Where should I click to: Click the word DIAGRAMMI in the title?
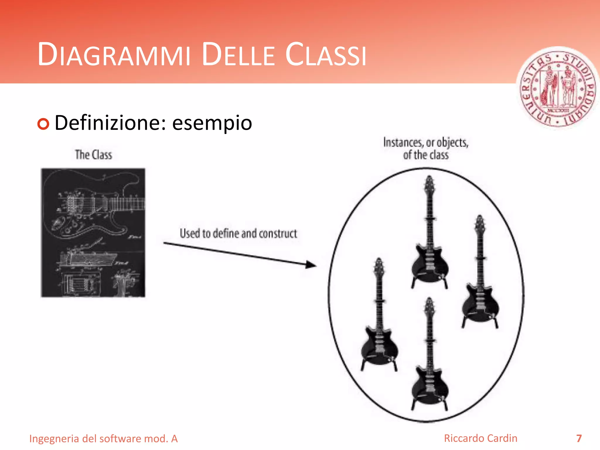coord(114,54)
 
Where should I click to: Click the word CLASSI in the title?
coord(326,54)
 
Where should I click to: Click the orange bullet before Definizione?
coord(43,124)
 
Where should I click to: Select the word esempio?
coord(212,123)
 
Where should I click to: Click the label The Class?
coord(93,155)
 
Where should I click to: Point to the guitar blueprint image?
coord(93,233)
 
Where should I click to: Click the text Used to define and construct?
coord(238,233)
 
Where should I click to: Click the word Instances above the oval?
coord(403,143)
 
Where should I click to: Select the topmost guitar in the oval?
coord(429,234)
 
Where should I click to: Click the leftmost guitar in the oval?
coord(379,316)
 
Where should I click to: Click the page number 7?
coord(579,438)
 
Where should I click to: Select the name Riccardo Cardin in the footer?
coord(480,438)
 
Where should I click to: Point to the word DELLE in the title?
coord(238,54)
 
